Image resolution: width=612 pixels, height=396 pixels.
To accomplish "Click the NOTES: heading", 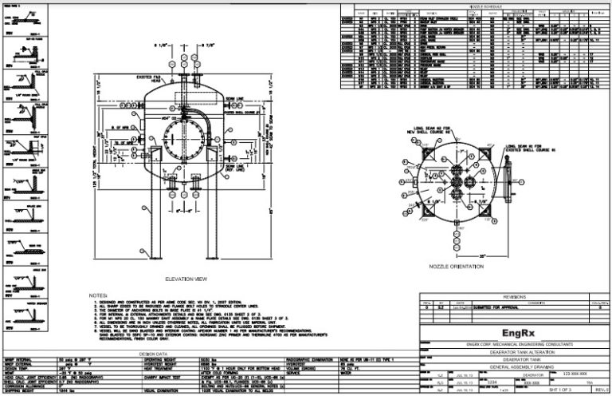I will tap(98, 295).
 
